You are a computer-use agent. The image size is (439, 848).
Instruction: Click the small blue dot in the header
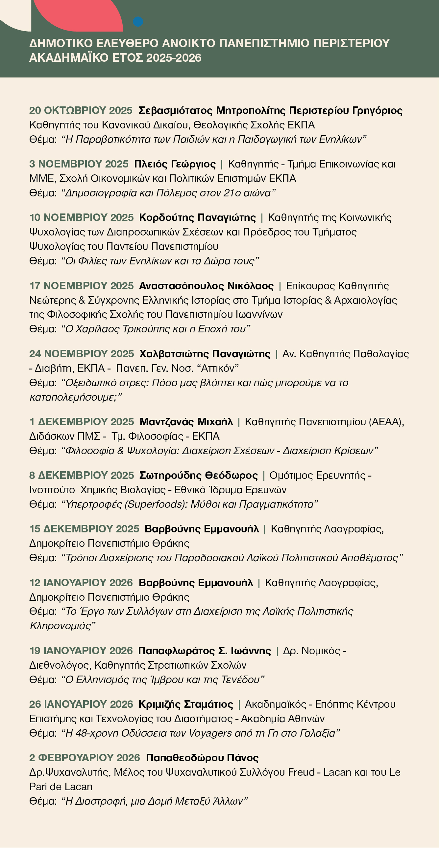click(x=138, y=22)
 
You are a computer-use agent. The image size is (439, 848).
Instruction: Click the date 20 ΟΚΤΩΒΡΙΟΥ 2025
click(x=81, y=111)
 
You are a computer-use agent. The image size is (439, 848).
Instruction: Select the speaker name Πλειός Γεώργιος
click(x=175, y=164)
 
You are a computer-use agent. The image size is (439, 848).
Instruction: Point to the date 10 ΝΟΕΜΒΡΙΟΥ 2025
click(x=82, y=218)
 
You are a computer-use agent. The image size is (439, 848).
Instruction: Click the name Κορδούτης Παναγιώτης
click(x=197, y=218)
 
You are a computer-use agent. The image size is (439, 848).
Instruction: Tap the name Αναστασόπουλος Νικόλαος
click(x=206, y=286)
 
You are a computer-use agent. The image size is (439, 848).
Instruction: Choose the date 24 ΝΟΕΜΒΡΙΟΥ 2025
click(x=82, y=354)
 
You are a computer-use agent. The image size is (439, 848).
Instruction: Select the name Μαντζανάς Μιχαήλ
click(x=186, y=422)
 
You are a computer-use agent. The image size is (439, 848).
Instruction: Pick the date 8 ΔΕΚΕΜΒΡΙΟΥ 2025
click(x=82, y=475)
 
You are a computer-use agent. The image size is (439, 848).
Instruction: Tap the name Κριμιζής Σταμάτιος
click(x=185, y=704)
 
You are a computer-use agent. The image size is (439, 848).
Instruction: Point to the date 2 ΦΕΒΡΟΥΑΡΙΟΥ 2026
click(x=85, y=758)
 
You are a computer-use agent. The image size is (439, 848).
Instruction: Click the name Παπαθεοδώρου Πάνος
click(x=202, y=758)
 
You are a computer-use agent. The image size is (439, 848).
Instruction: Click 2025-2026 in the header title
click(x=174, y=58)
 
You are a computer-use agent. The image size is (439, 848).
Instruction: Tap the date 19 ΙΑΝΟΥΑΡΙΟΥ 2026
click(x=81, y=651)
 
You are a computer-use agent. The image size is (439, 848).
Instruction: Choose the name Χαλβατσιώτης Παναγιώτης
click(x=205, y=354)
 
